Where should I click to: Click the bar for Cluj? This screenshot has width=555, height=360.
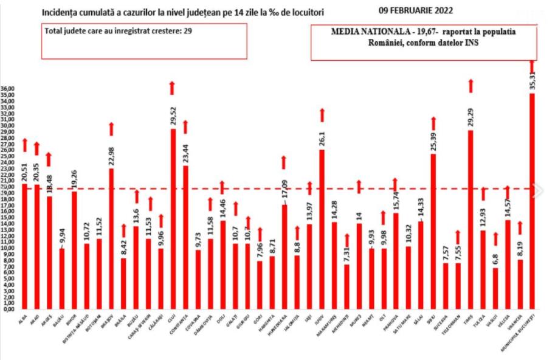point(173,219)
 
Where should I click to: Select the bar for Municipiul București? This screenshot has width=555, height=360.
point(532,201)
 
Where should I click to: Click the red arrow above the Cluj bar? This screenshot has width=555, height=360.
point(173,88)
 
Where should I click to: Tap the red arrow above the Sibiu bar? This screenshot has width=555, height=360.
point(433,123)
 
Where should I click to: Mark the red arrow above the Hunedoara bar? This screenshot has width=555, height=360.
point(284,162)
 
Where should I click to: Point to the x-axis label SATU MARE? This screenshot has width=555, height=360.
point(406,324)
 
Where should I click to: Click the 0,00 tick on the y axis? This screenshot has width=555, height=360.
point(9,309)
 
